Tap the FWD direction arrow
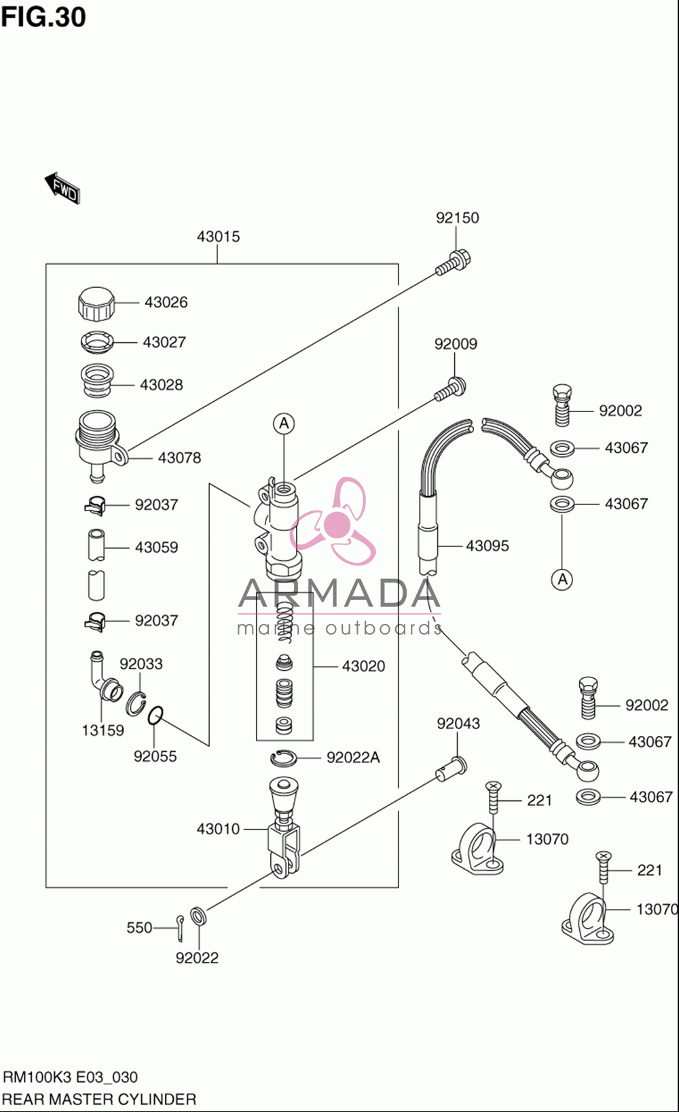[x=62, y=188]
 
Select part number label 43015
[x=219, y=236]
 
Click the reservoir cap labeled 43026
[x=96, y=304]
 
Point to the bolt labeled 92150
[x=453, y=263]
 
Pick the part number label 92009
[x=456, y=344]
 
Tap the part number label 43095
[x=488, y=546]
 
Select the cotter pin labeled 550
[x=180, y=928]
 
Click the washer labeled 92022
[x=198, y=916]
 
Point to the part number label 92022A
[x=353, y=757]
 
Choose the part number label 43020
[x=363, y=666]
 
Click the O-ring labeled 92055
[x=155, y=715]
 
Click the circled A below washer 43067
[x=562, y=579]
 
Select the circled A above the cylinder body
[x=283, y=424]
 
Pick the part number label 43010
[x=218, y=828]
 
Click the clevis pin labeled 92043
[x=451, y=768]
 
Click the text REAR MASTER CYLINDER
[x=99, y=1099]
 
